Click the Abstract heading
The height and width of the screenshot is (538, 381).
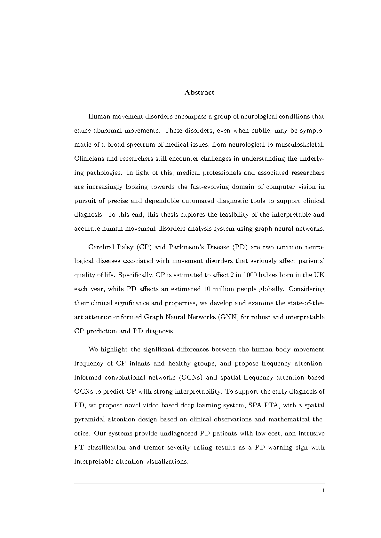pyautogui.click(x=199, y=93)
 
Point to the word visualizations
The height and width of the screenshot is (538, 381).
pyautogui.click(x=167, y=462)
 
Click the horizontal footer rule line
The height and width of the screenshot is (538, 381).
pyautogui.click(x=199, y=483)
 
